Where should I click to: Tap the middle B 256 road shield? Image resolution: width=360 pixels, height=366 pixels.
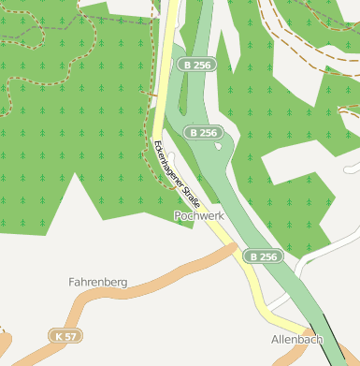[x=204, y=133]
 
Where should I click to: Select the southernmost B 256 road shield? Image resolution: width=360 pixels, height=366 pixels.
[x=263, y=256]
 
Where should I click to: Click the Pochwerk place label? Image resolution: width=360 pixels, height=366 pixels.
[x=199, y=215]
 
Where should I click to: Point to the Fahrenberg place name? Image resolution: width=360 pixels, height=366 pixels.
[x=97, y=281]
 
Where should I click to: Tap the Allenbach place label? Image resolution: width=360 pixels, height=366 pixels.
[x=296, y=338]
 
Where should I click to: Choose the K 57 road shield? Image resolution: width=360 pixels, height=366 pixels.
[x=65, y=335]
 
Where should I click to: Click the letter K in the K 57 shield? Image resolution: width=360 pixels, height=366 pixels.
[x=60, y=335]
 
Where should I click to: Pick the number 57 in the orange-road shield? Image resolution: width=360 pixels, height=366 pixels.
[x=70, y=335]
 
